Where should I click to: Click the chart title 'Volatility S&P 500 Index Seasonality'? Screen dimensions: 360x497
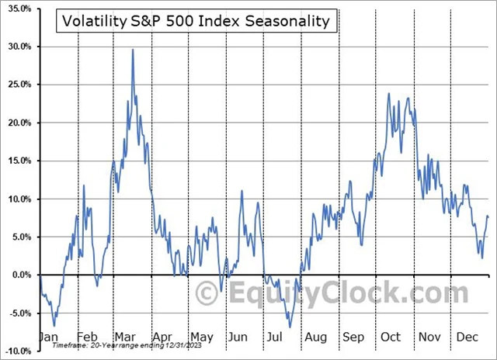(196, 21)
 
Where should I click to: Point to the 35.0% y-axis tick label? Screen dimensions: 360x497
(17, 9)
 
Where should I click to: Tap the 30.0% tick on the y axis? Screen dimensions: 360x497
(17, 47)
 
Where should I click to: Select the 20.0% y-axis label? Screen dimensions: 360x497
(17, 123)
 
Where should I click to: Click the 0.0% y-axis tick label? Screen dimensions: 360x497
(19, 275)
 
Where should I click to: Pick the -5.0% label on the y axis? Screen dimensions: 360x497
(18, 313)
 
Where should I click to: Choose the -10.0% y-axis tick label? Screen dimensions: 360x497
(16, 351)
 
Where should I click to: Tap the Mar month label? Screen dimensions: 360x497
(125, 338)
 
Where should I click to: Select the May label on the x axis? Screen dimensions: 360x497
(202, 338)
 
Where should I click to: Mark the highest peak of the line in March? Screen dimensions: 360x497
(133, 50)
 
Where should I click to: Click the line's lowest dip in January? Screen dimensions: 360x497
(54, 326)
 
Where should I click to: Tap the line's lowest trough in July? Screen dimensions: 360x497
(290, 327)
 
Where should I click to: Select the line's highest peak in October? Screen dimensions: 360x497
(388, 94)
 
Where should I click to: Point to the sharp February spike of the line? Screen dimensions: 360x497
(84, 185)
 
